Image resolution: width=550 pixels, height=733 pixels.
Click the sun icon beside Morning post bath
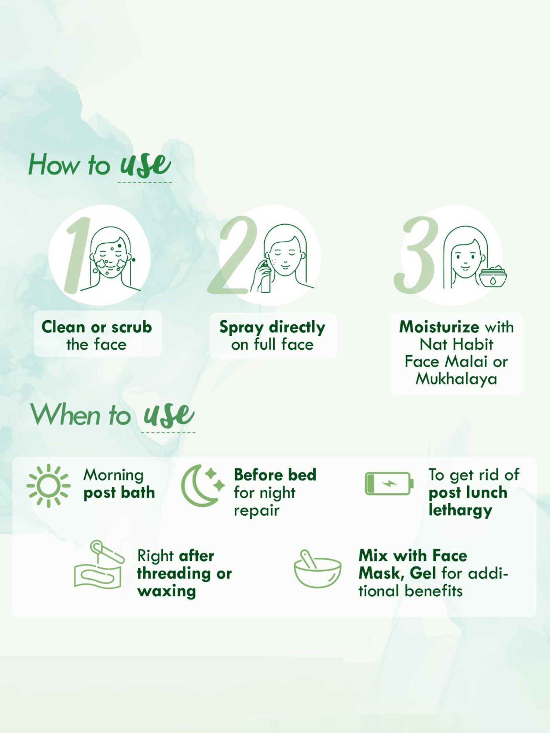[x=48, y=486]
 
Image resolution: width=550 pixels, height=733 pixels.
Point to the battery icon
[x=389, y=483]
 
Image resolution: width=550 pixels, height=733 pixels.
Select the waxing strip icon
[x=98, y=566]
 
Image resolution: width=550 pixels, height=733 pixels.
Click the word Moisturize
[x=439, y=327]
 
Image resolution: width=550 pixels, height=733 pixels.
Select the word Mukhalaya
[x=456, y=379]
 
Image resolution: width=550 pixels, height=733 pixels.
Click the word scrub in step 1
[x=132, y=327]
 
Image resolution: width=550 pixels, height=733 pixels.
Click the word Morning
[x=113, y=475]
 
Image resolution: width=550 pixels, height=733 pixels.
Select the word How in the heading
[x=54, y=165]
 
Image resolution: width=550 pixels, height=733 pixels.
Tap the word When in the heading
[x=66, y=415]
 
